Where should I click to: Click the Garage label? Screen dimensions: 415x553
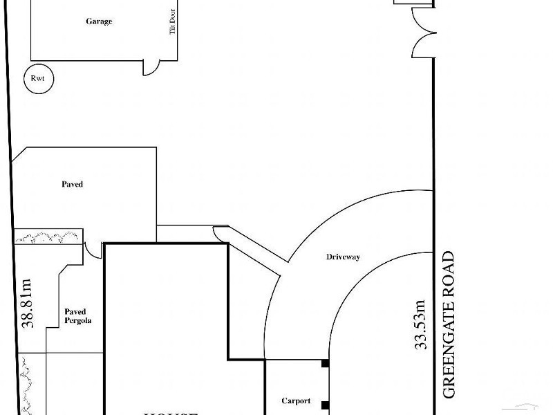click(99, 21)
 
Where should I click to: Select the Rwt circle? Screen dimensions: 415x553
click(37, 79)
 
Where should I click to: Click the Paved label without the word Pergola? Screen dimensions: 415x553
click(73, 185)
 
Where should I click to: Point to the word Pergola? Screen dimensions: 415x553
click(78, 321)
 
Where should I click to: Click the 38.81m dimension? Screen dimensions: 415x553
click(27, 304)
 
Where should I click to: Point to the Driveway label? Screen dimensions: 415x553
click(344, 257)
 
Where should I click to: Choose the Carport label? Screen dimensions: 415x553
click(296, 401)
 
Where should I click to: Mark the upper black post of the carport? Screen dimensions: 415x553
click(324, 364)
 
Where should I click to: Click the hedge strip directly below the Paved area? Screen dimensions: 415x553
click(48, 237)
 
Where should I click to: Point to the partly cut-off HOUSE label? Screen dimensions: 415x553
click(169, 412)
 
